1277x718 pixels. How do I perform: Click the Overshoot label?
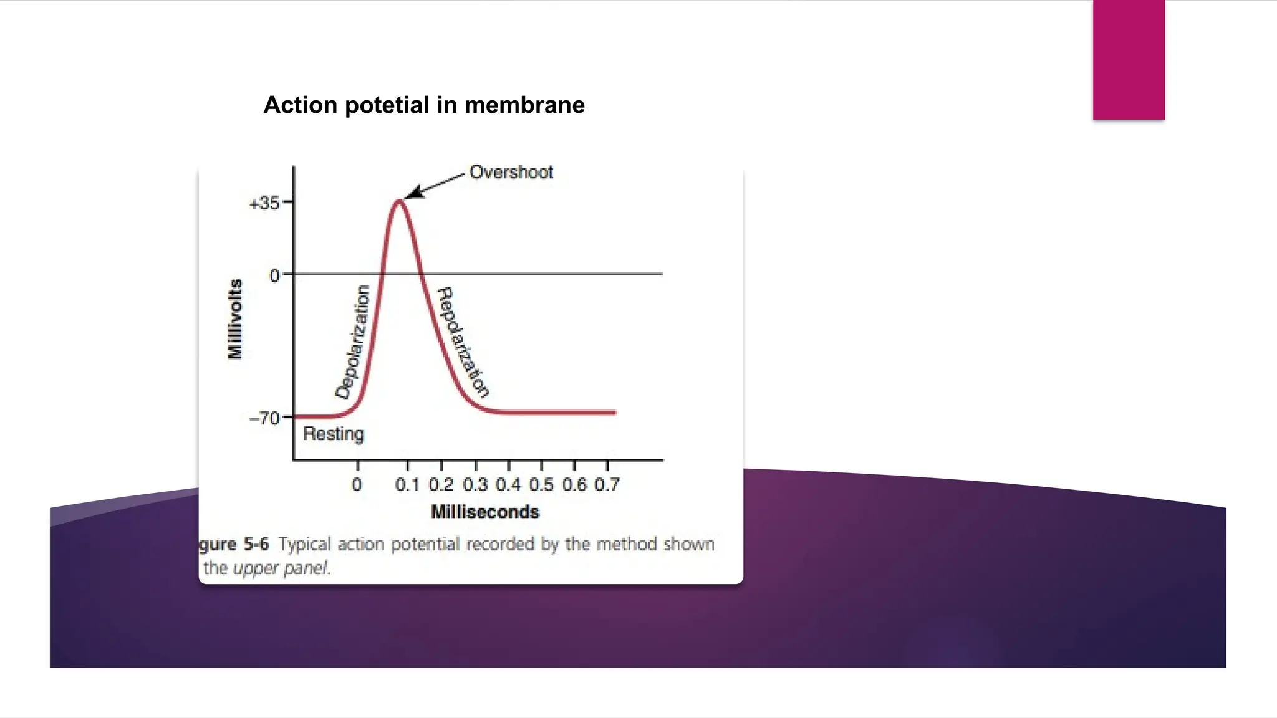click(511, 172)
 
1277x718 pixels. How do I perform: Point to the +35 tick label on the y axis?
click(264, 203)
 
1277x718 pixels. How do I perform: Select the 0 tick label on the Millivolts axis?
click(274, 275)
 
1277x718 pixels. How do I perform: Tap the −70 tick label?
click(264, 418)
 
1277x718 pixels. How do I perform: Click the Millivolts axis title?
click(235, 319)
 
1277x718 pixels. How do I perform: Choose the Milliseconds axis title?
click(484, 512)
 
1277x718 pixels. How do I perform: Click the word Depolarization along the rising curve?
click(354, 342)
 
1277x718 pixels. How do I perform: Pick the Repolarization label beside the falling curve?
click(462, 342)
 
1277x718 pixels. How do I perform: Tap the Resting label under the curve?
click(333, 434)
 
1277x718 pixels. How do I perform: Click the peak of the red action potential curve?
click(399, 201)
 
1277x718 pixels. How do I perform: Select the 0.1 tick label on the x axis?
click(407, 485)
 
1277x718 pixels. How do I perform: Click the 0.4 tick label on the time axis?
click(508, 485)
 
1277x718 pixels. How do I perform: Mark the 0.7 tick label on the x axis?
click(607, 485)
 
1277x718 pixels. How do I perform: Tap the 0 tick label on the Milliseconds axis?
click(357, 485)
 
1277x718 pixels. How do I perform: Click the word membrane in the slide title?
click(524, 105)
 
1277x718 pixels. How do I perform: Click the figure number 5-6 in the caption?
click(256, 544)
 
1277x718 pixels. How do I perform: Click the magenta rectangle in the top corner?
click(1128, 59)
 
